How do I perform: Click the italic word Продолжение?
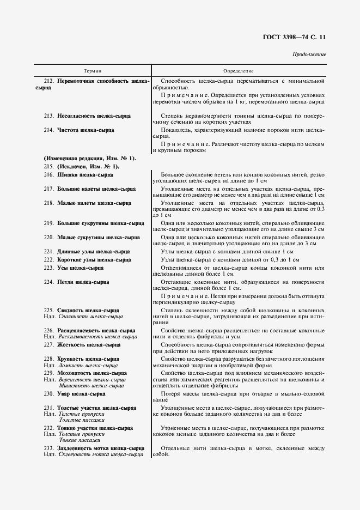click(309, 54)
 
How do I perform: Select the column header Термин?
click(93, 71)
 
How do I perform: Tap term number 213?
click(48, 116)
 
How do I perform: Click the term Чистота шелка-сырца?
click(86, 130)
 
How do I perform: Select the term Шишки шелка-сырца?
click(85, 174)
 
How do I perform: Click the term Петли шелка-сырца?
click(83, 282)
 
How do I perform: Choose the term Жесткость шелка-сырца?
click(89, 345)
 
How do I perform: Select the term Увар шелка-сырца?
click(81, 393)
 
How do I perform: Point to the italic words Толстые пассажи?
click(78, 420)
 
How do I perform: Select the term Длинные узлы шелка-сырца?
click(93, 252)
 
